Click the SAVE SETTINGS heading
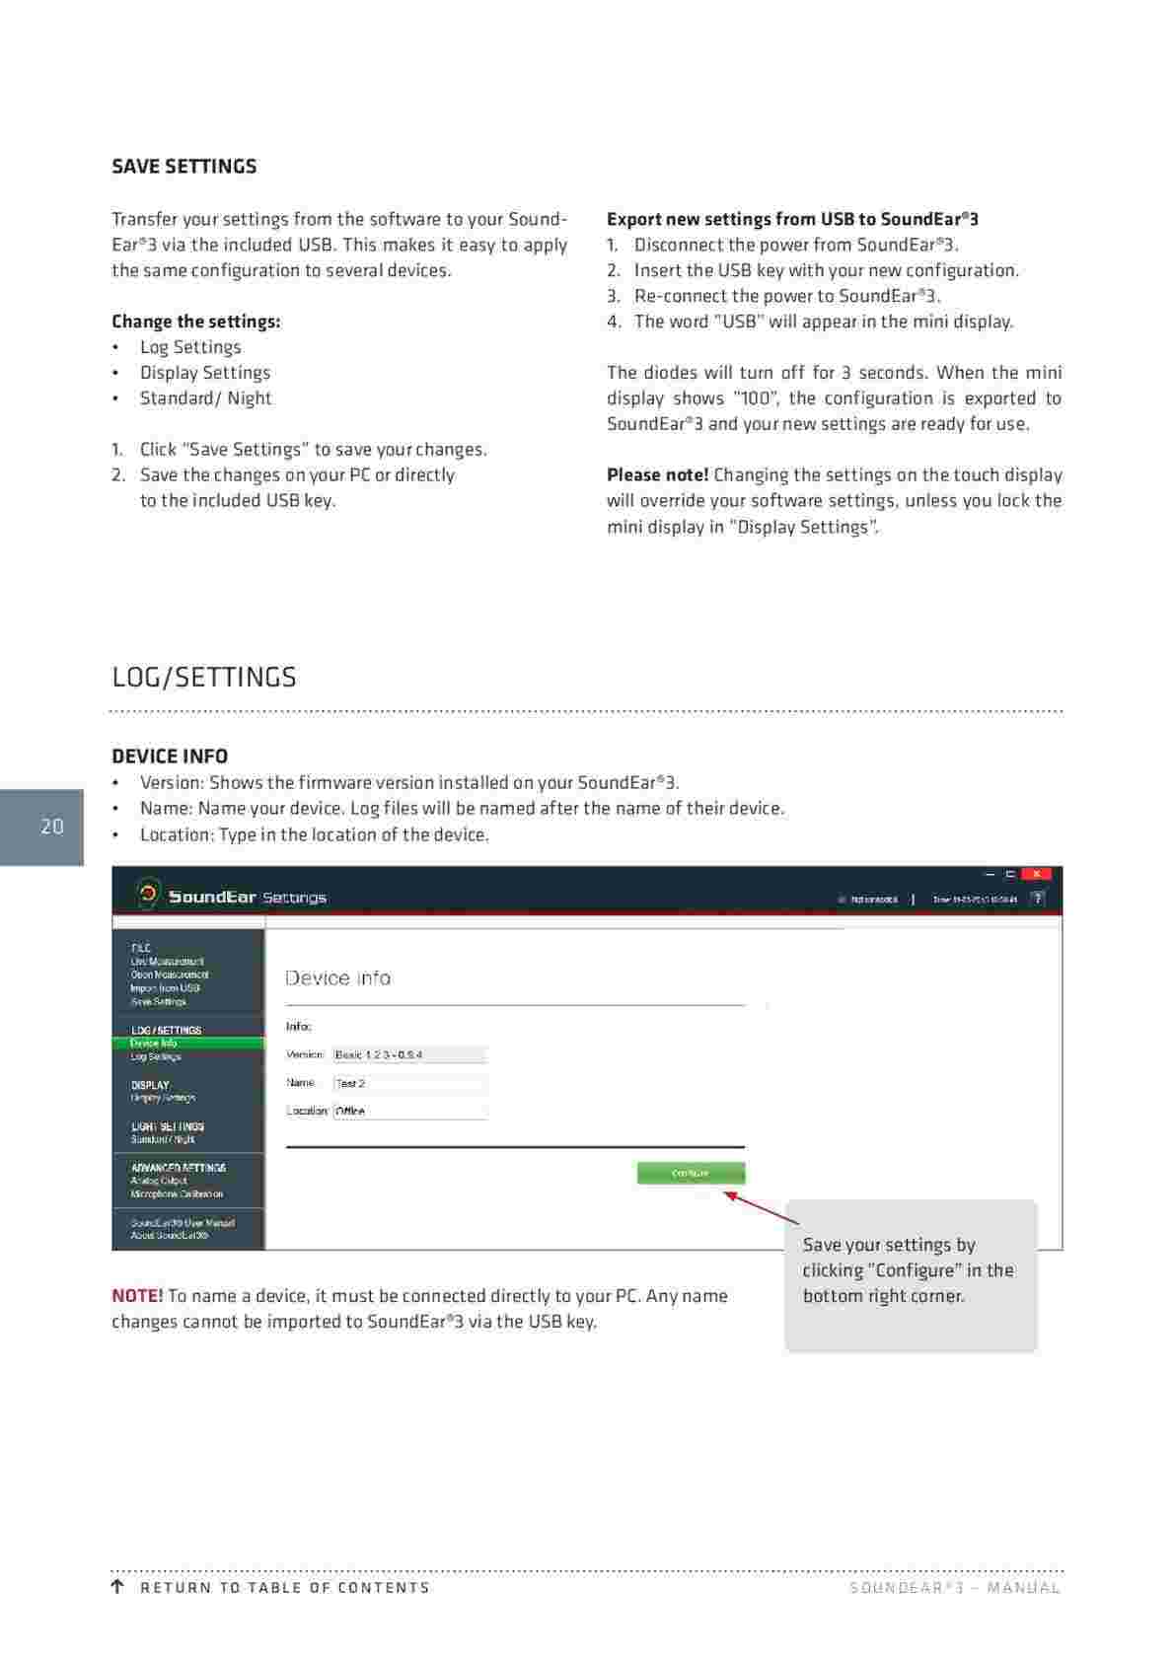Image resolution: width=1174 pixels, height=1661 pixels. pos(183,167)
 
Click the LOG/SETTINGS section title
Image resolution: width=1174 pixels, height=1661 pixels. pos(204,678)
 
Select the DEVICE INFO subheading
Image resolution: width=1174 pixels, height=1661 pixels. pos(170,757)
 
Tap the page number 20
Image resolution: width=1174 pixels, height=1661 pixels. pos(52,827)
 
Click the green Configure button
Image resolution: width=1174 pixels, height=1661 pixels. pos(691,1173)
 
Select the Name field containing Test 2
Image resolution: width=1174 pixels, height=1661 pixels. pos(409,1083)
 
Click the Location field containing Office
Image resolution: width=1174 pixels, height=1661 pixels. pos(409,1111)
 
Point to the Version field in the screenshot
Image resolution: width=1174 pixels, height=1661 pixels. pos(409,1054)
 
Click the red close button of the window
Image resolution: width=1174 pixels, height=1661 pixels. pos(1036,874)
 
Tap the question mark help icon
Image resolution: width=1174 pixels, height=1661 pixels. pos(1037,899)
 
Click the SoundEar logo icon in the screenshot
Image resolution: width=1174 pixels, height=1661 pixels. pos(148,894)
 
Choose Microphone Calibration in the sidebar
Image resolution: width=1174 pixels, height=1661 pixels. pos(177,1194)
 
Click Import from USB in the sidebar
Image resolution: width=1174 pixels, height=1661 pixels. pos(165,987)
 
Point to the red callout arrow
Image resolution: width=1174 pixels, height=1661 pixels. pos(760,1207)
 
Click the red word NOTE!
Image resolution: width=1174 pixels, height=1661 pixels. pos(137,1296)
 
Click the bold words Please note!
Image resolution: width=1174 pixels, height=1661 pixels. pos(657,475)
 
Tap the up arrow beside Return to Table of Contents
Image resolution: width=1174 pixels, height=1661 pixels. pos(117,1587)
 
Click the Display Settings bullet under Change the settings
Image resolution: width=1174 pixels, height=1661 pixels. pos(204,373)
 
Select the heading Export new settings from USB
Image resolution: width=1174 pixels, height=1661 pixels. pos(792,219)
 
